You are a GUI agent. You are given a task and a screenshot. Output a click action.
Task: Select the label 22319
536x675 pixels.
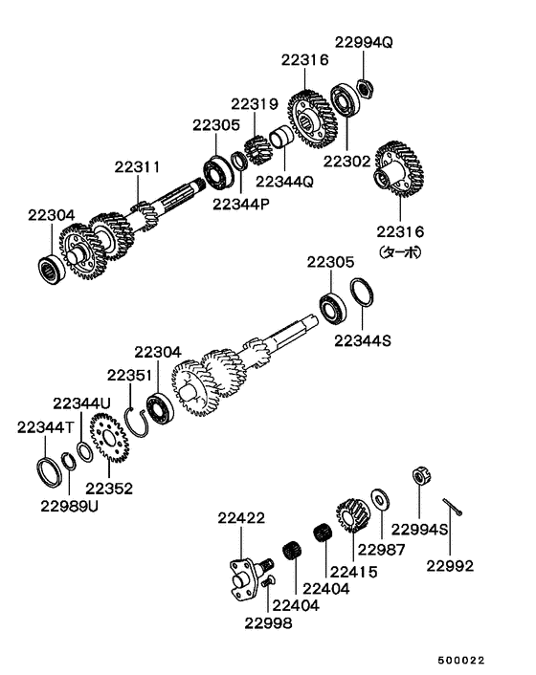coord(254,104)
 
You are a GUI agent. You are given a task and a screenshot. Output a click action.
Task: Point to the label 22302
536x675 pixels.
coord(346,162)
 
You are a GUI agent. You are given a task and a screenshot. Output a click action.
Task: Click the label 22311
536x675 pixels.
coord(138,166)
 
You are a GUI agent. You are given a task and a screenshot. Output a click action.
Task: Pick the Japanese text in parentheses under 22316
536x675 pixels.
coord(400,252)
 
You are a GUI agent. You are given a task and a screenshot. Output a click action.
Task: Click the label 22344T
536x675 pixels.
coord(42,428)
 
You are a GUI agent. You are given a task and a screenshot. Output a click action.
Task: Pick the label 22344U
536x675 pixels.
coord(82,403)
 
